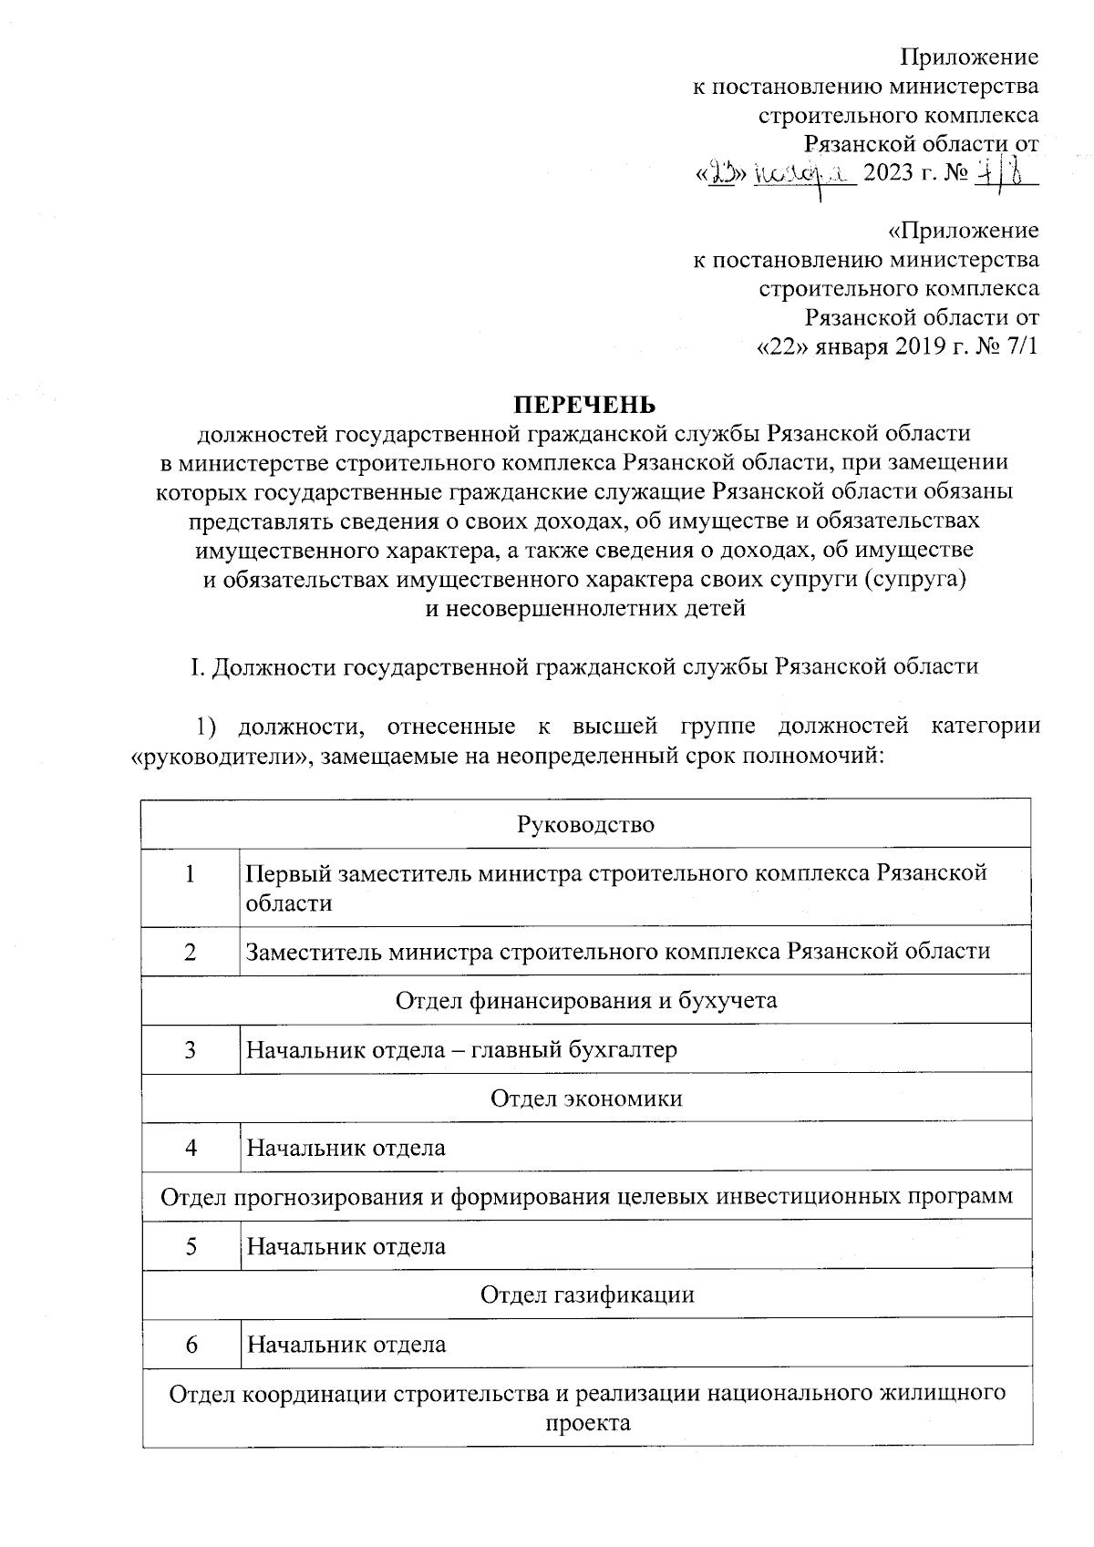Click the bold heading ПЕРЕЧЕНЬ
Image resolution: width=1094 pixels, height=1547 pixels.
pyautogui.click(x=583, y=404)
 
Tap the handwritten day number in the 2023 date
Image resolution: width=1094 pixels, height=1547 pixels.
pyautogui.click(x=724, y=172)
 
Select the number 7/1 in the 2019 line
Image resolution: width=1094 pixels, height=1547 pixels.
pyautogui.click(x=1019, y=348)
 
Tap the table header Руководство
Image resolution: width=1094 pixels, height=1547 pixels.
pyautogui.click(x=586, y=824)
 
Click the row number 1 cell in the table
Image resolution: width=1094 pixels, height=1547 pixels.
pyautogui.click(x=191, y=873)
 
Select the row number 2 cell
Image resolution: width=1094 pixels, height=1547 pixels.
pyautogui.click(x=191, y=952)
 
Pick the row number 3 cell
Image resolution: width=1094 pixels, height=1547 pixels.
pyautogui.click(x=191, y=1049)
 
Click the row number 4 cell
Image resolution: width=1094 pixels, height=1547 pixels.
pyautogui.click(x=191, y=1147)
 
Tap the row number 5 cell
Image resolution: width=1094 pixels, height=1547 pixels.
pyautogui.click(x=191, y=1245)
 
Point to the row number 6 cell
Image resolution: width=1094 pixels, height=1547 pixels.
pyautogui.click(x=191, y=1344)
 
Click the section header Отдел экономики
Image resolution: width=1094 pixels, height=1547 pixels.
pyautogui.click(x=586, y=1098)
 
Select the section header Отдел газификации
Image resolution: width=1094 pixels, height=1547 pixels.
pyautogui.click(x=586, y=1294)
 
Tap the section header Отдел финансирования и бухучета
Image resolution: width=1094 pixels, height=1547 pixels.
pyautogui.click(x=586, y=1000)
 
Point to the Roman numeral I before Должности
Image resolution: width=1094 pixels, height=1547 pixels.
pyautogui.click(x=194, y=666)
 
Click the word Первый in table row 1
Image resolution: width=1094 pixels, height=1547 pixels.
pyautogui.click(x=288, y=873)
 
